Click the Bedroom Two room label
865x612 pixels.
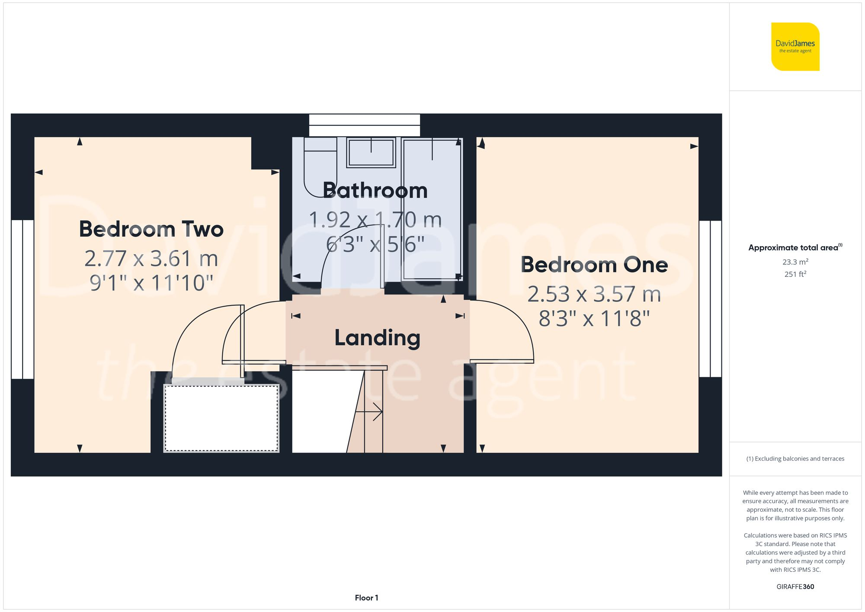pos(151,229)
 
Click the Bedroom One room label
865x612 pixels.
pos(594,265)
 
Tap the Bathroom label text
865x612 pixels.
pos(375,190)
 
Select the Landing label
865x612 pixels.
pos(377,338)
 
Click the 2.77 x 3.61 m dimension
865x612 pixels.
pos(151,259)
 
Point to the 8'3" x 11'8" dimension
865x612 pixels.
pos(594,319)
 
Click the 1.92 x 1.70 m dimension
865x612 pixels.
pos(375,220)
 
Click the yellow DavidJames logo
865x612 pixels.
pos(795,47)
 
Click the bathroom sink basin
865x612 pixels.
pos(371,153)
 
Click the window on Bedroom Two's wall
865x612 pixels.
pos(22,299)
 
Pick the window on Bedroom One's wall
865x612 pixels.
pos(710,298)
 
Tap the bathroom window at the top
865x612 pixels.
pos(364,125)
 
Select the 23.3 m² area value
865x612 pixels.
pos(795,262)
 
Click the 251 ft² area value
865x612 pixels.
pos(795,274)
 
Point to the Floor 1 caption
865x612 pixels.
pos(366,598)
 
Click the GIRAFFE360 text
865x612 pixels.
pos(795,586)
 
